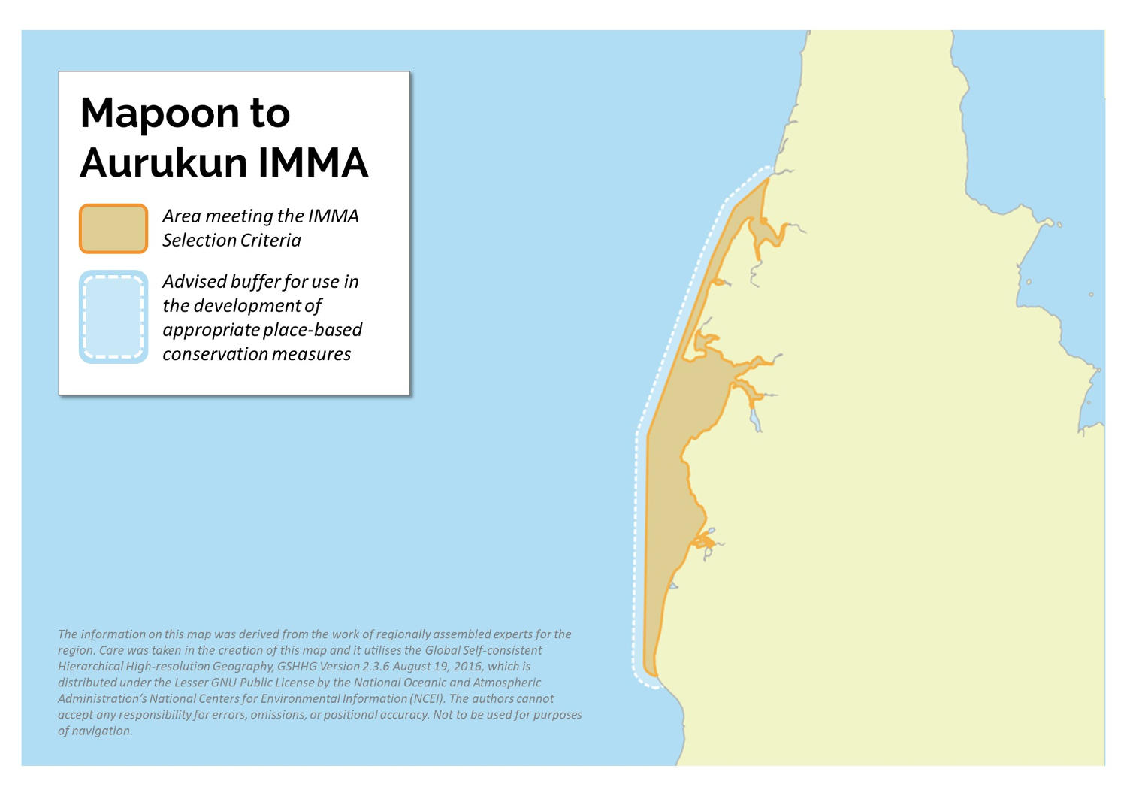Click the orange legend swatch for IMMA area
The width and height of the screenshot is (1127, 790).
pos(113,229)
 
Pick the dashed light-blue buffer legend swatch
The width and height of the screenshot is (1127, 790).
pos(113,317)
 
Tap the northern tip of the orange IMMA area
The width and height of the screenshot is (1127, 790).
pos(768,178)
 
